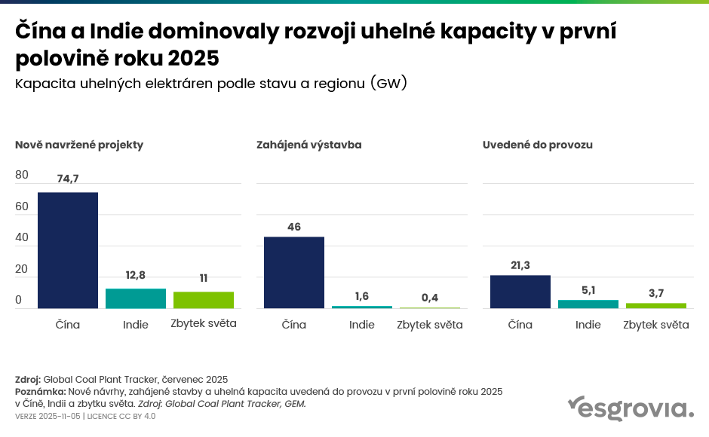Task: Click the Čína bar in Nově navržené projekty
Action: pyautogui.click(x=68, y=250)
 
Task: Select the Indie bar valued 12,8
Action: pyautogui.click(x=136, y=298)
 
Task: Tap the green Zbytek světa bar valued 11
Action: pyautogui.click(x=204, y=300)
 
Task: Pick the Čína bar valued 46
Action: pyautogui.click(x=294, y=272)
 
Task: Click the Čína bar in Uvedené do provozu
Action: pyautogui.click(x=520, y=292)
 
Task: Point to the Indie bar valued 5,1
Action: pyautogui.click(x=588, y=304)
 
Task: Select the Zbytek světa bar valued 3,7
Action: pyautogui.click(x=656, y=305)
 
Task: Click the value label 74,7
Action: pyautogui.click(x=68, y=179)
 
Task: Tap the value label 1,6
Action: pyautogui.click(x=361, y=296)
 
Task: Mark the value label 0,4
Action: pyautogui.click(x=430, y=298)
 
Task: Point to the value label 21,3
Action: pyautogui.click(x=520, y=265)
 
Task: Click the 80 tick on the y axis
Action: pyautogui.click(x=22, y=175)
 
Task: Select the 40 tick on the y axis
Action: pyautogui.click(x=22, y=237)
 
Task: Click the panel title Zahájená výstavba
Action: pyautogui.click(x=309, y=145)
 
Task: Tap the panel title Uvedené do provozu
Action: pyautogui.click(x=538, y=145)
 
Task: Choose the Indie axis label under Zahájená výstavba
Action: pyautogui.click(x=362, y=325)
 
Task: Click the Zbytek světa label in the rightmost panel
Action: pyautogui.click(x=656, y=325)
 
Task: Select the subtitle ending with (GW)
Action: pyautogui.click(x=211, y=84)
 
